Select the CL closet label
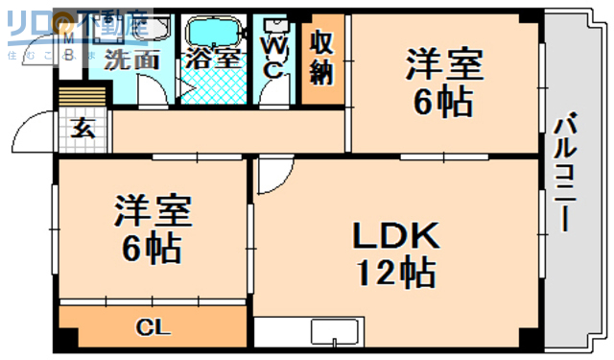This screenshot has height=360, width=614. (153, 328)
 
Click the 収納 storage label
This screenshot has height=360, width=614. (321, 58)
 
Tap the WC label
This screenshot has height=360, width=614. (272, 56)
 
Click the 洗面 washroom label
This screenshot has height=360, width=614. (131, 58)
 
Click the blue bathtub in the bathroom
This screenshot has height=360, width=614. (212, 30)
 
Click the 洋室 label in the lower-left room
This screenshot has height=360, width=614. (154, 210)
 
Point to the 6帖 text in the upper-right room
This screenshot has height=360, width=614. (442, 104)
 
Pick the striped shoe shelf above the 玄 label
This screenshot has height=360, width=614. (82, 99)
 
